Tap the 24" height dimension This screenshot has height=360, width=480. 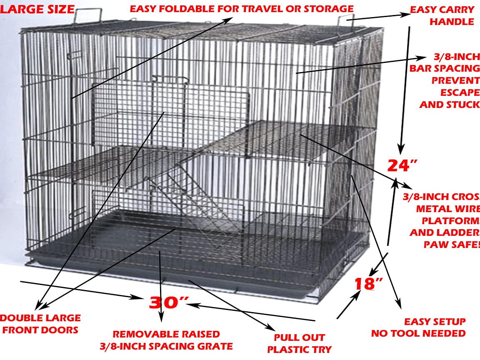coord(402,165)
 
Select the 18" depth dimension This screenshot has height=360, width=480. coord(368,284)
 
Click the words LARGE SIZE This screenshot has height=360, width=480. coord(37,9)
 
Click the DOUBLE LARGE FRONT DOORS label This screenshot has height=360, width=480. coord(41,324)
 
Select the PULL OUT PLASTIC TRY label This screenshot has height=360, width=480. coord(299,343)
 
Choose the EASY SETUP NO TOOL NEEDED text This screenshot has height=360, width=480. coord(418,327)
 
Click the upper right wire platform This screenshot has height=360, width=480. coord(287,137)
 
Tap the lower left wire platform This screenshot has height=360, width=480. coord(104,165)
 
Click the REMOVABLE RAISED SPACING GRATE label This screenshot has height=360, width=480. coord(166,340)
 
